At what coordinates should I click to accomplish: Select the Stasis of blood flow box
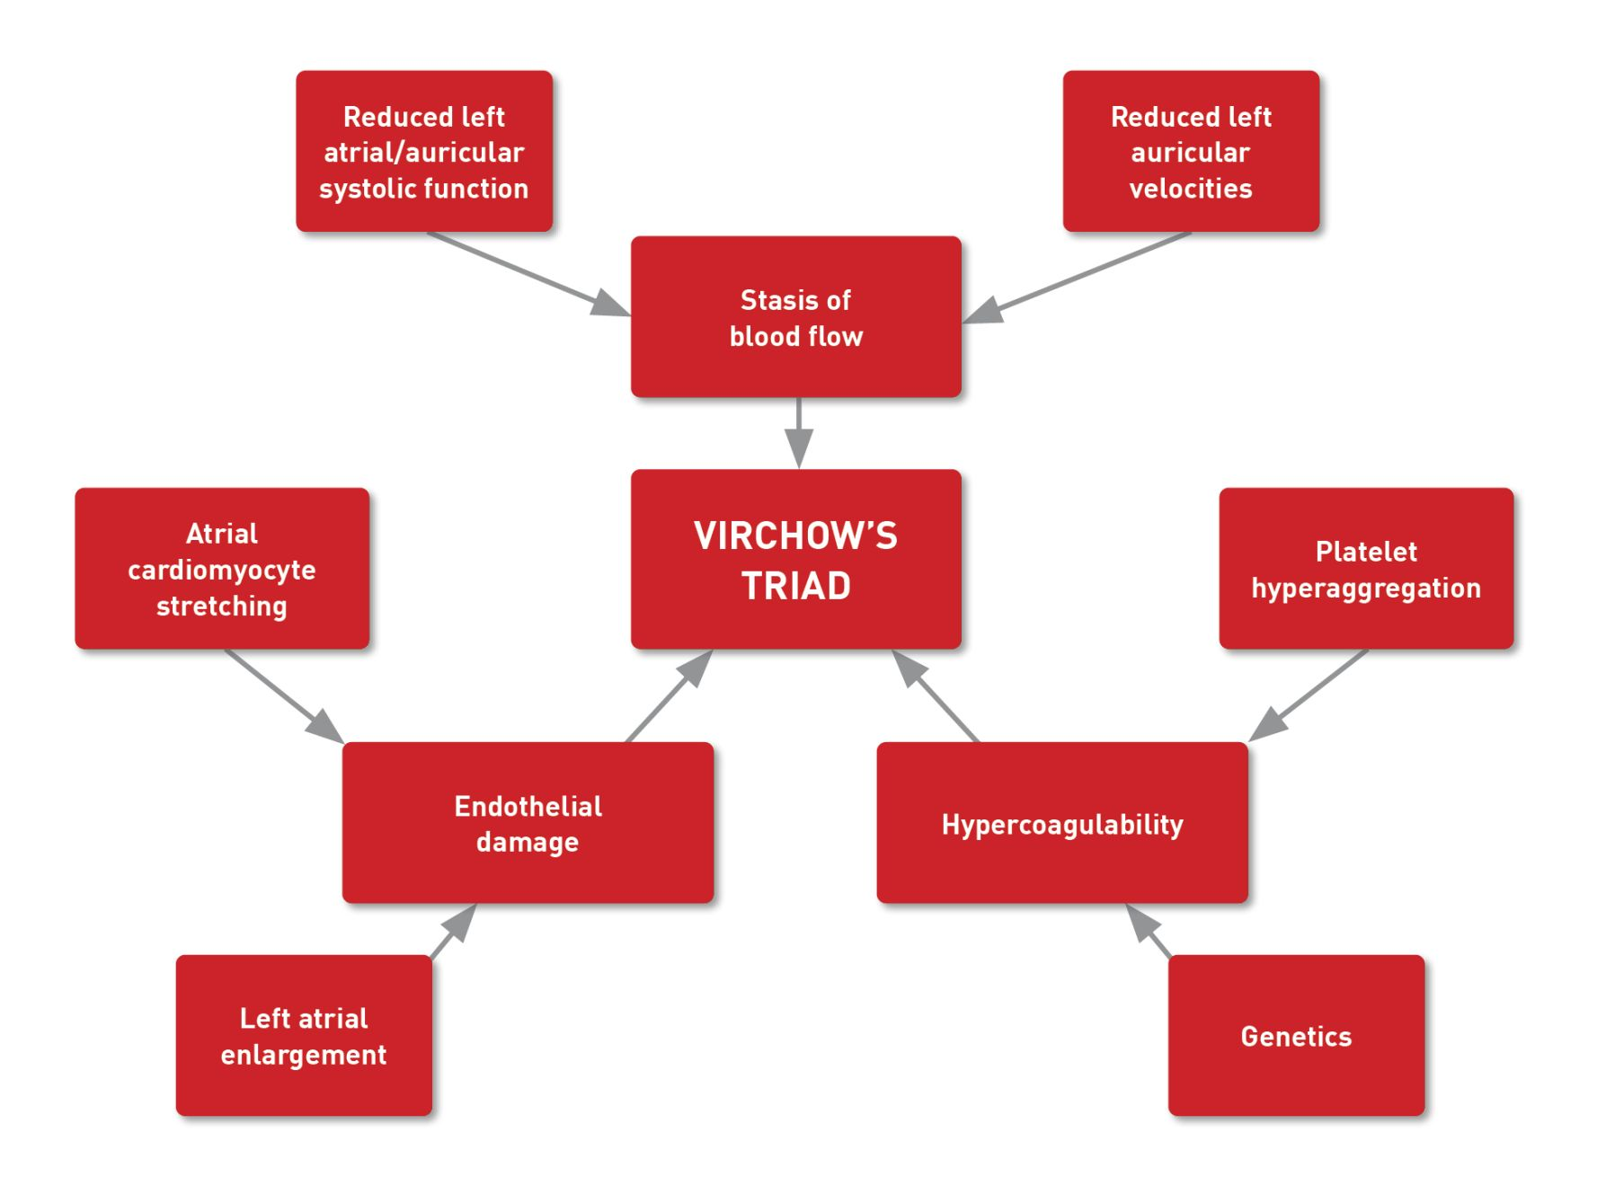pyautogui.click(x=795, y=317)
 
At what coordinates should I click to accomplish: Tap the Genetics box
pyautogui.click(x=1295, y=1036)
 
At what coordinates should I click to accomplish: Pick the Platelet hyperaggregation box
pyautogui.click(x=1365, y=569)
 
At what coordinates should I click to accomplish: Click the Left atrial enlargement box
pyautogui.click(x=304, y=1036)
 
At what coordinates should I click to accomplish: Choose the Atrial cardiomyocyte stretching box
pyautogui.click(x=222, y=569)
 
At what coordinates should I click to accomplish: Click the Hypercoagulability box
pyautogui.click(x=1061, y=824)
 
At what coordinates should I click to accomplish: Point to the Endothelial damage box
pyautogui.click(x=528, y=824)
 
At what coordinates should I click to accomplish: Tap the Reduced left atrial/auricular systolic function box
pyautogui.click(x=423, y=152)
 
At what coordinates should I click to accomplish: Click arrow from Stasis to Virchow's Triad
pyautogui.click(x=798, y=433)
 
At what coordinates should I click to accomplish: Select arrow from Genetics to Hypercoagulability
pyautogui.click(x=1149, y=931)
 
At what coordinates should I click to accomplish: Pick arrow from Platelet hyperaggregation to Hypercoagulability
pyautogui.click(x=1308, y=695)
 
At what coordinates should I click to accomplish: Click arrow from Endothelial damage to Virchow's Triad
pyautogui.click(x=670, y=695)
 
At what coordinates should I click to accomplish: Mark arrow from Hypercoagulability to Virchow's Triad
pyautogui.click(x=935, y=695)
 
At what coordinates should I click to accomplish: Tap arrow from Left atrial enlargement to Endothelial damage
pyautogui.click(x=454, y=931)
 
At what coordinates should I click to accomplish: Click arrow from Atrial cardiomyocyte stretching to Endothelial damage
pyautogui.click(x=284, y=695)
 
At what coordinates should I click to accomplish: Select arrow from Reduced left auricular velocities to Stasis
pyautogui.click(x=1078, y=277)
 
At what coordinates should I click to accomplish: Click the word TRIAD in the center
pyautogui.click(x=795, y=586)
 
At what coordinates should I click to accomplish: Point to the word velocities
pyautogui.click(x=1190, y=189)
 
